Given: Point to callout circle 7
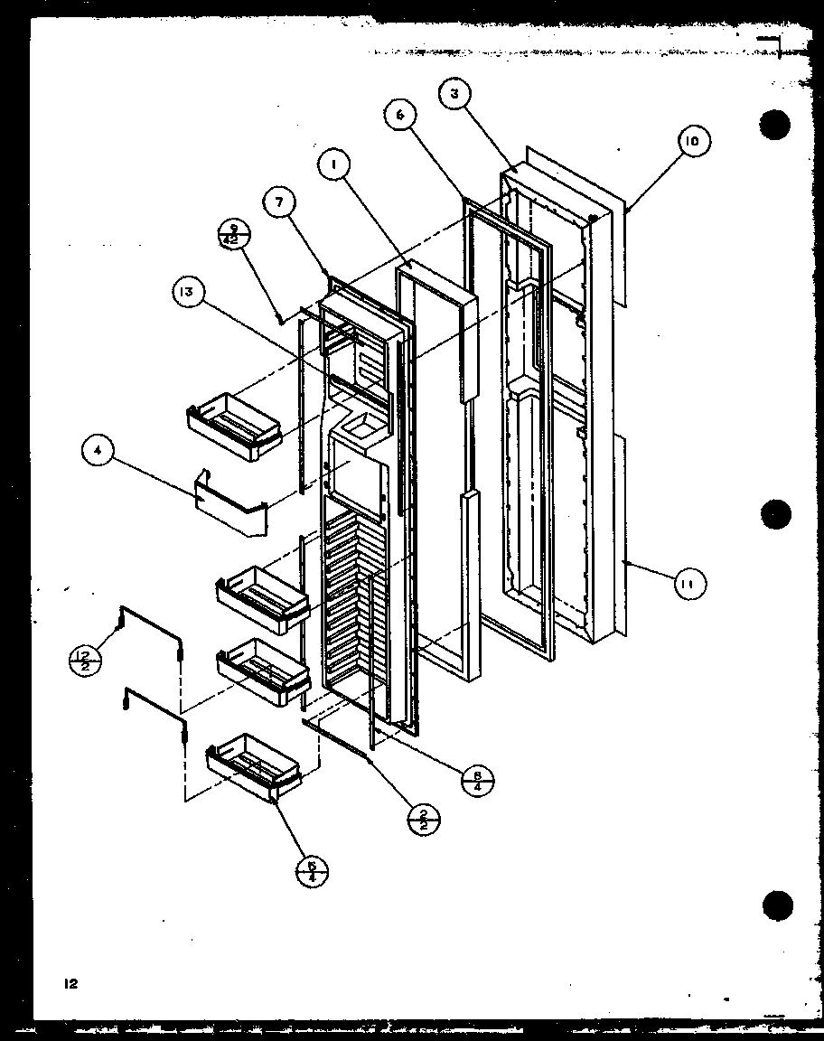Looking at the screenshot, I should pyautogui.click(x=279, y=202).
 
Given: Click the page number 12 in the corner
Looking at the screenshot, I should pyautogui.click(x=70, y=984).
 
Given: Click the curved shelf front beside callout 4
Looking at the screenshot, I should pyautogui.click(x=230, y=511).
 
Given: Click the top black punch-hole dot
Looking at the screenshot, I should pyautogui.click(x=775, y=125).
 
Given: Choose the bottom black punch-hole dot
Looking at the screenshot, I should pyautogui.click(x=776, y=905).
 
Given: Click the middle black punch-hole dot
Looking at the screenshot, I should pyautogui.click(x=776, y=515).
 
